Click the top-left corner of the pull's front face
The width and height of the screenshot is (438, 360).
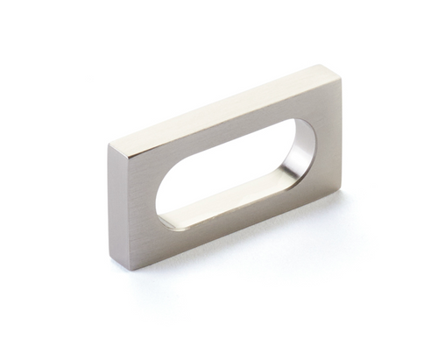pos(110,145)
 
